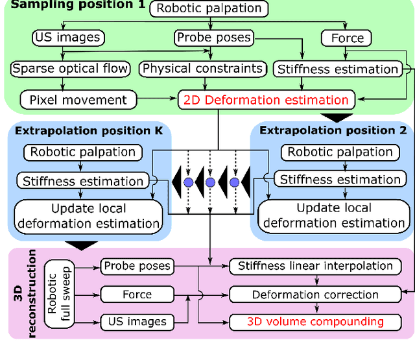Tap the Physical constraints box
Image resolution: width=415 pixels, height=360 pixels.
click(202, 68)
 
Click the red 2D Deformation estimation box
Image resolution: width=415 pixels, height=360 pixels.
click(267, 100)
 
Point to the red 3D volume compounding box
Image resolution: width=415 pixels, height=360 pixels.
click(315, 321)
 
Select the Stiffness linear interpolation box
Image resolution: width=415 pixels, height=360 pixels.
click(315, 266)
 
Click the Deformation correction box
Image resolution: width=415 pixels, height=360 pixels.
click(315, 294)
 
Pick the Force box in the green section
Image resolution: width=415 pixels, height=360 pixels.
click(348, 38)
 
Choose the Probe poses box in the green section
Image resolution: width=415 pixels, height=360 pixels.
click(213, 38)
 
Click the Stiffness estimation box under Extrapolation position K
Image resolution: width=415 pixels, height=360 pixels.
click(83, 181)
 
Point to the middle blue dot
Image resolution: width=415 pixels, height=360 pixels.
click(210, 183)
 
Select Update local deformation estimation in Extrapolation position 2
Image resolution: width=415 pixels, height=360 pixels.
click(334, 215)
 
